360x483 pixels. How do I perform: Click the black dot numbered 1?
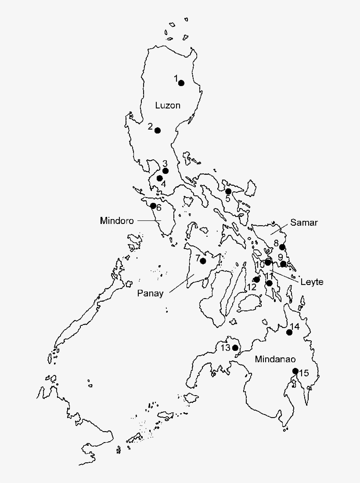[x=181, y=83]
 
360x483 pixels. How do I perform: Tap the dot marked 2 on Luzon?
[x=158, y=130]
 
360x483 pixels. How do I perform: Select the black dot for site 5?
[x=228, y=191]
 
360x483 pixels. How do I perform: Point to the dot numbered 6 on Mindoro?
[x=153, y=206]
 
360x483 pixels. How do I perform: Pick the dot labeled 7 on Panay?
[x=203, y=261]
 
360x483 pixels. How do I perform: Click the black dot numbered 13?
[x=235, y=348]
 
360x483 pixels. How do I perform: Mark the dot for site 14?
[x=289, y=332]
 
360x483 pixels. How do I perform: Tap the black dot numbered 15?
[x=295, y=371]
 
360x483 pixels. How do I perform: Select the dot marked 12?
[x=257, y=279]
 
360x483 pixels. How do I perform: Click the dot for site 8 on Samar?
[x=282, y=247]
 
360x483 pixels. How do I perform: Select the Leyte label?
[x=312, y=282]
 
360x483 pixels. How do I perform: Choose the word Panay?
[x=150, y=293]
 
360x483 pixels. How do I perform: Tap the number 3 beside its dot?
[x=165, y=163]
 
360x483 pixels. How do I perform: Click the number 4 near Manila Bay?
[x=163, y=184]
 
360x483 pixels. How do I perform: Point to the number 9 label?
[x=280, y=257]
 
